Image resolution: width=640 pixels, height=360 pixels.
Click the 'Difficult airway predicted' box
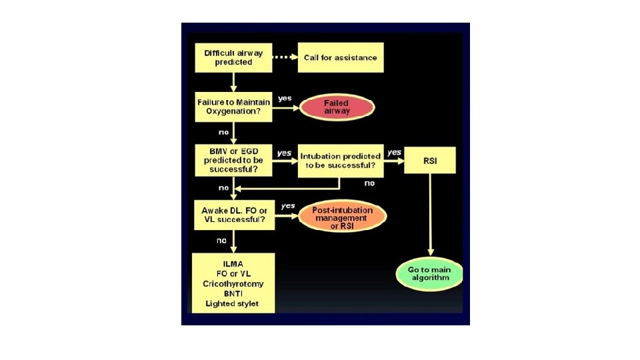(233, 57)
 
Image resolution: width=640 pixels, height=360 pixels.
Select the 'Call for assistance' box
(340, 57)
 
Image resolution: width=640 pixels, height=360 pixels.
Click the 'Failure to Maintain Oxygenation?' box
(233, 107)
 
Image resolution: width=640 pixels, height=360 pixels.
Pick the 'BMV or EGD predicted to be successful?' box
(233, 160)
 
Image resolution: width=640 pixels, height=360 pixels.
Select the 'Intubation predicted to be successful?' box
(340, 160)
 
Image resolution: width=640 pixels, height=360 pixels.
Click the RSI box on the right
(430, 160)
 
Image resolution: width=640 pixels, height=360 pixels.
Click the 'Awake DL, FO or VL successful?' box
(233, 215)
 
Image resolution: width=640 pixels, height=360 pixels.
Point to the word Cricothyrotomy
(233, 283)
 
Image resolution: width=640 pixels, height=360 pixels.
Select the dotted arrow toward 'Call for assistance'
(285, 57)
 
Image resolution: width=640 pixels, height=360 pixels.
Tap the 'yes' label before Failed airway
(285, 98)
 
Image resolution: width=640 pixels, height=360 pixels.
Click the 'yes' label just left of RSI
(395, 152)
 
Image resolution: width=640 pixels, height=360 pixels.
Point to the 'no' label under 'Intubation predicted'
(369, 182)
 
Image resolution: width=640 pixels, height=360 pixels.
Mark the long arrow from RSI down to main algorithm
(430, 217)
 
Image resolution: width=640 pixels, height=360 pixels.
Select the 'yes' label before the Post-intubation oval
(288, 206)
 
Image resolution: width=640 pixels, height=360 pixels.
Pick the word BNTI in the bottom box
(233, 294)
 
